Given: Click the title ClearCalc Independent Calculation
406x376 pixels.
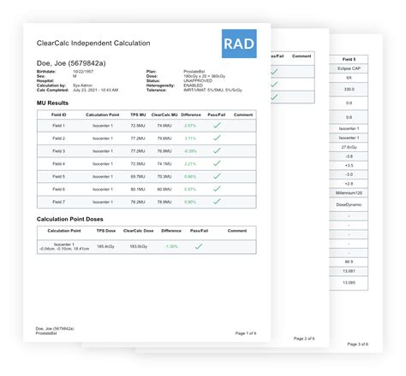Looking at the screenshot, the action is (x=93, y=43).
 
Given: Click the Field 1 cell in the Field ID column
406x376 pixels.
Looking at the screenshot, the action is (x=58, y=125).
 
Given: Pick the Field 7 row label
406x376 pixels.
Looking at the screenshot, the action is (x=58, y=202).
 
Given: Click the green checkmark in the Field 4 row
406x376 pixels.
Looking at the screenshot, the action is (x=217, y=163).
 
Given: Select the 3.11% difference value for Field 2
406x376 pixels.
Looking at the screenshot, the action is (x=190, y=138).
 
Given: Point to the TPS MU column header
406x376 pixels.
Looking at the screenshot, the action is (x=138, y=114).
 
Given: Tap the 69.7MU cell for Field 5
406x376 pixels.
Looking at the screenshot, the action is (x=138, y=176).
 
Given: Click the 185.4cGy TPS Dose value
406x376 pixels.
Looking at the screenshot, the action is (x=106, y=246).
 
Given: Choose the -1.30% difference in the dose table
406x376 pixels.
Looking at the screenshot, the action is (x=171, y=246).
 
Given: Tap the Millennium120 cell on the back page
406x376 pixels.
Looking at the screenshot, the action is (x=349, y=194).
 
